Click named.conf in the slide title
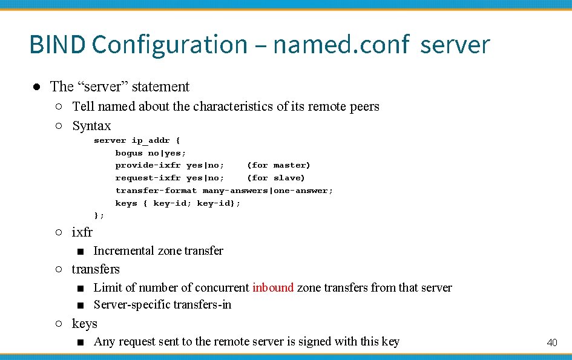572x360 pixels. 341,44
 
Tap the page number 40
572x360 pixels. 551,342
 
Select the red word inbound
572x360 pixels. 273,287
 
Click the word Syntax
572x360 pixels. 91,126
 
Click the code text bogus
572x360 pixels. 129,153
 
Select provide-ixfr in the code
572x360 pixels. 148,165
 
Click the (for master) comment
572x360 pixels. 278,165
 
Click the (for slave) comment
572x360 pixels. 275,178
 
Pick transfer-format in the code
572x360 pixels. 156,191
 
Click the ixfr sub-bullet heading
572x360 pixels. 82,232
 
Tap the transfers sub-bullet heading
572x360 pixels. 96,269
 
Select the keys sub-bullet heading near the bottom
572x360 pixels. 84,324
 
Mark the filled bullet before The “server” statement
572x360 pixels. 36,87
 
